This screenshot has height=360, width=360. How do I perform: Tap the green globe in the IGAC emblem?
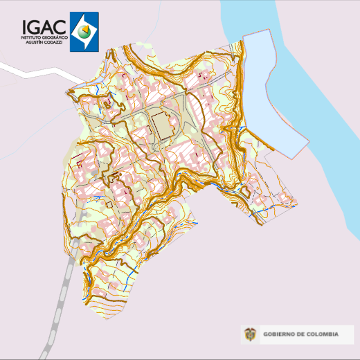point(84,30)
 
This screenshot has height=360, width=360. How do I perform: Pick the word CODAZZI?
point(54,42)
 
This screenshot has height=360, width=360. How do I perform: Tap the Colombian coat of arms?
point(250,335)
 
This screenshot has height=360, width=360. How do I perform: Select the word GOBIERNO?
point(278,335)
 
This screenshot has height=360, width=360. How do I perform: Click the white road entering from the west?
point(28,71)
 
